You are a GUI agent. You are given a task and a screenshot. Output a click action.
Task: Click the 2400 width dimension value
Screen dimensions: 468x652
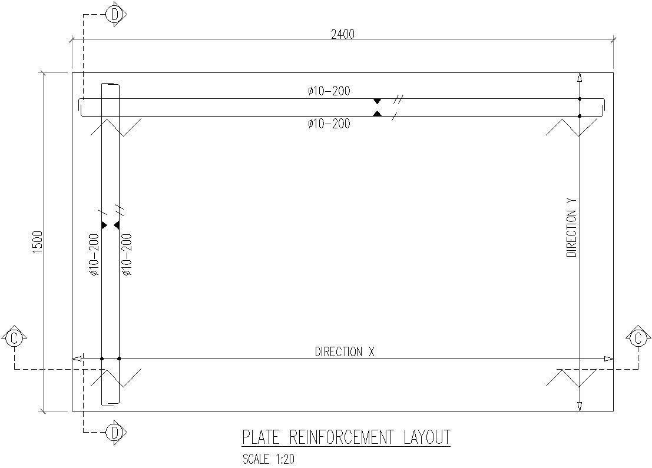(x=343, y=34)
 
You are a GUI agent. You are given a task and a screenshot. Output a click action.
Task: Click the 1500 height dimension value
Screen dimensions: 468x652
(x=38, y=242)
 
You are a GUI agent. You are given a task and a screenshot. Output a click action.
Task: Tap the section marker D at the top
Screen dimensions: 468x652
(x=115, y=14)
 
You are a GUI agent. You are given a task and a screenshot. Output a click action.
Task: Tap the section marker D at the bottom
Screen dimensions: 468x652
(x=115, y=433)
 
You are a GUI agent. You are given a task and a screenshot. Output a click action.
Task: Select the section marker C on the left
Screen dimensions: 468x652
(x=15, y=338)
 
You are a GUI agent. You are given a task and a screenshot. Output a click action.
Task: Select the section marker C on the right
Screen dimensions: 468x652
(x=638, y=338)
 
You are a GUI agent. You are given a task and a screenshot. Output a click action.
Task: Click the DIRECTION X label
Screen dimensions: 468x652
(x=345, y=352)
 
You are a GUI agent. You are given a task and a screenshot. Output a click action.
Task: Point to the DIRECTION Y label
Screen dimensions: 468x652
(x=571, y=227)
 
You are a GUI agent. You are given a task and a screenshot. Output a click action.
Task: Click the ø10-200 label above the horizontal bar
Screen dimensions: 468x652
(x=329, y=91)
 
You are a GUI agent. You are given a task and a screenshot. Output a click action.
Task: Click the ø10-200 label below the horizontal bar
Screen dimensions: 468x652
(x=329, y=124)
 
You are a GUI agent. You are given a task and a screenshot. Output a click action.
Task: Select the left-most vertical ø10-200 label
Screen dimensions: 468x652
(x=94, y=255)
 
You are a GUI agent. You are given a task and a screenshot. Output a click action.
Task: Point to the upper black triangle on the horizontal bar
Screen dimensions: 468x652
(x=377, y=101)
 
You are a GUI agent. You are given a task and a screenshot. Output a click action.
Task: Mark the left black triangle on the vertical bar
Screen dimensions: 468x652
(x=104, y=225)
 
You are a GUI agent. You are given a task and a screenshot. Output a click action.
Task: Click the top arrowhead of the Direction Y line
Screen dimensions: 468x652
(x=580, y=78)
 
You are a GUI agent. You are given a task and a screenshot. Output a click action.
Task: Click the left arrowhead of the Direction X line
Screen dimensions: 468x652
(x=77, y=358)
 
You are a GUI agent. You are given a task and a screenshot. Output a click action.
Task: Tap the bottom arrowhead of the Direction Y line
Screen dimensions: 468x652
(x=580, y=406)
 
